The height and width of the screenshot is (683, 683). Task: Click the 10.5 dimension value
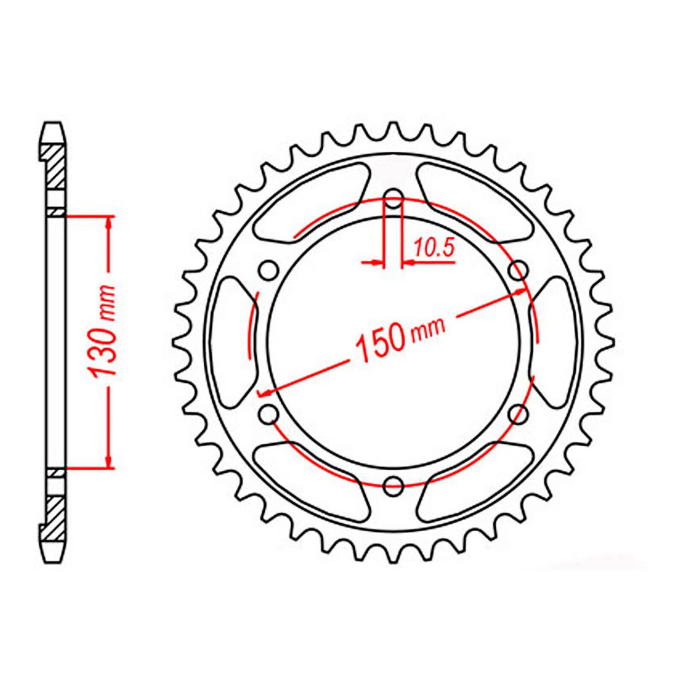click(x=433, y=247)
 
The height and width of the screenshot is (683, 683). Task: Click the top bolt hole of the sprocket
click(x=393, y=199)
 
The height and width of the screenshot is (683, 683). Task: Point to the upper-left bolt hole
click(x=269, y=270)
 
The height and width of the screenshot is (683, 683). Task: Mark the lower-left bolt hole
click(x=269, y=414)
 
